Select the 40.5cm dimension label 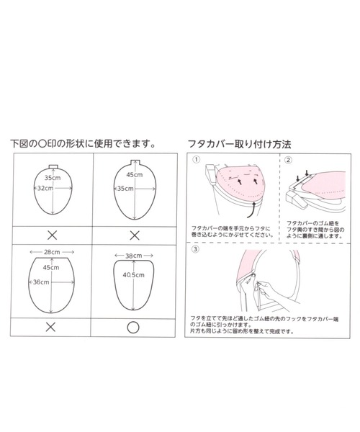click(x=132, y=274)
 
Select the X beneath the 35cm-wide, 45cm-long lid click(x=132, y=235)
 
